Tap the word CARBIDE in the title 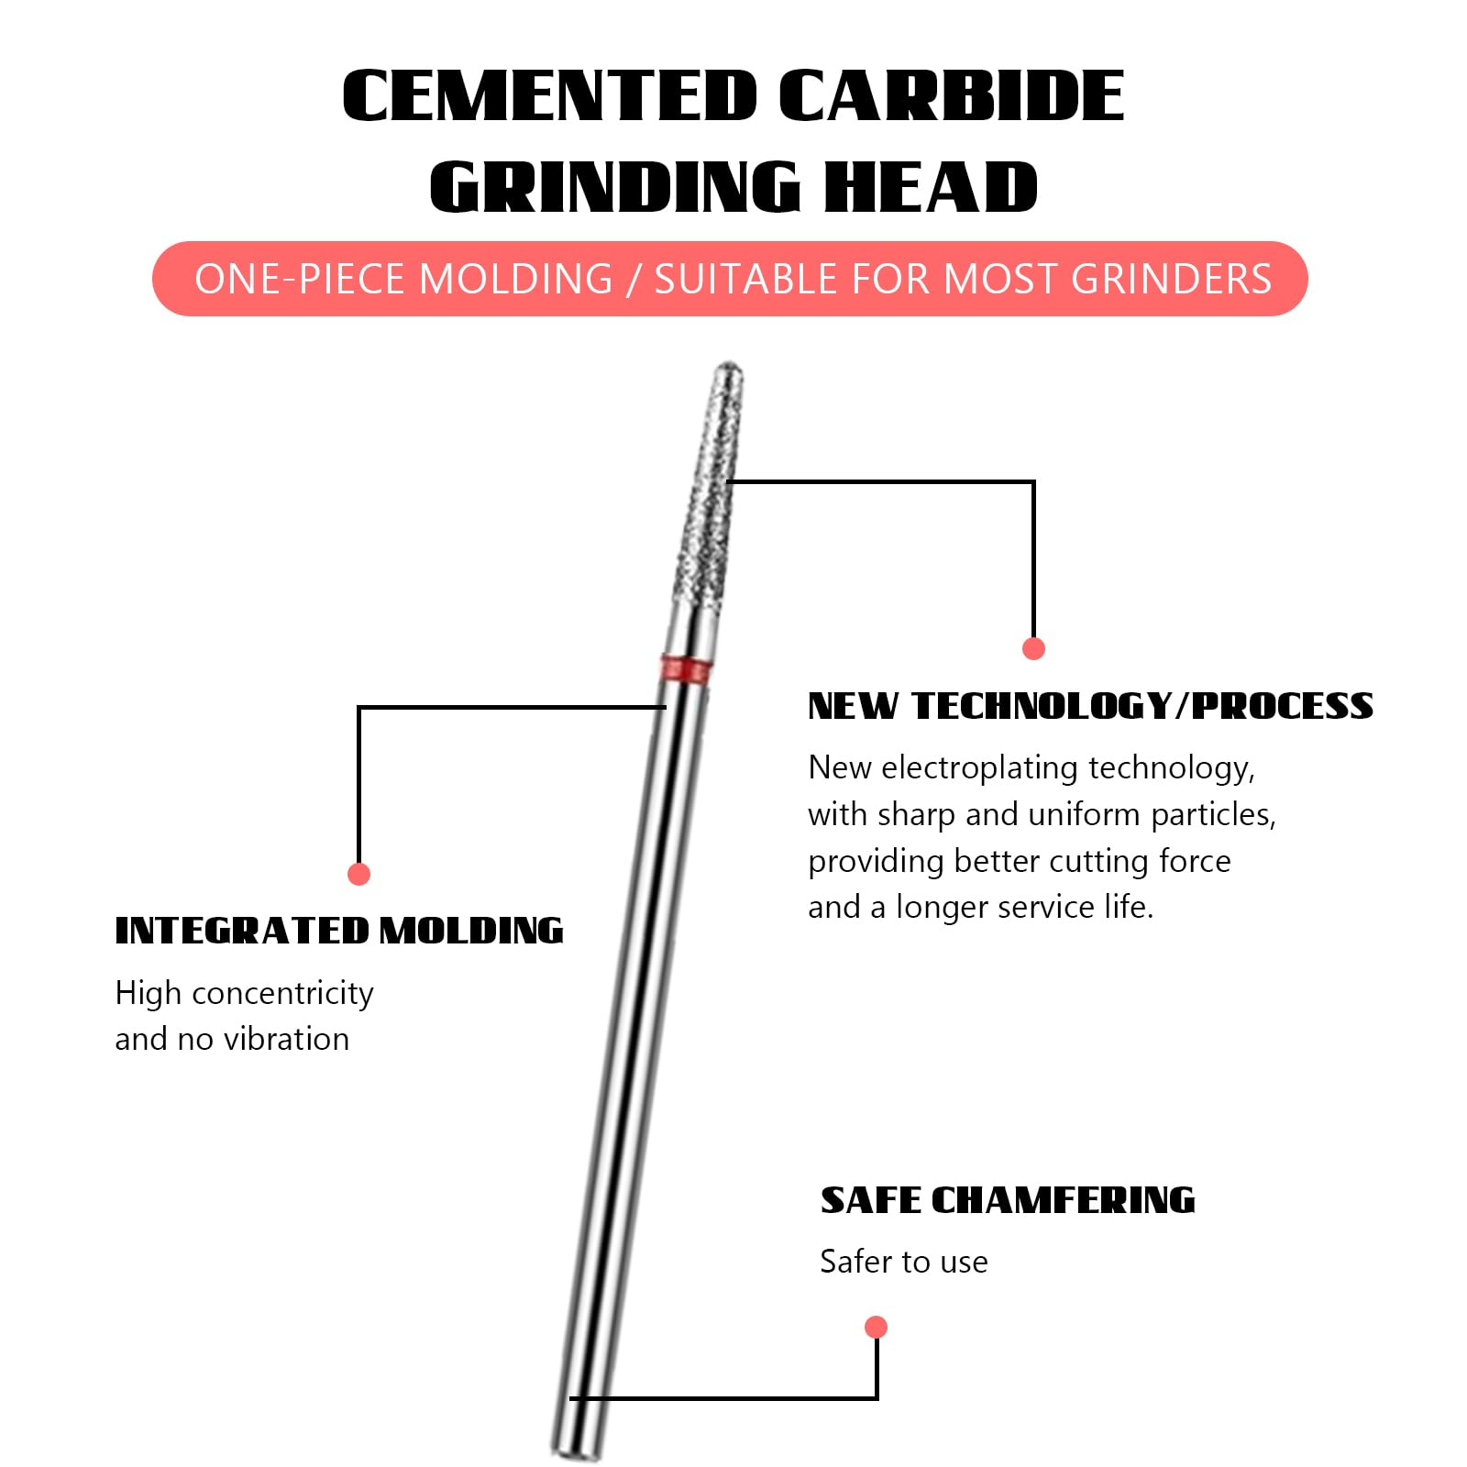pos(952,95)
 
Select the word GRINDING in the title pos(615,187)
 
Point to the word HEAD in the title pos(931,187)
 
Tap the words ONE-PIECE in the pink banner pos(299,279)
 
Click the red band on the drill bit pos(686,669)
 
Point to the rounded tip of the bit pos(729,371)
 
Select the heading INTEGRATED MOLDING pos(339,931)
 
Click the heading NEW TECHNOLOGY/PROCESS pos(1091,706)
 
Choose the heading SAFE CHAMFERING pos(1008,1200)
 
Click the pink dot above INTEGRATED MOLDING pos(359,874)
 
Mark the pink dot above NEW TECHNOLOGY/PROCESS pos(1033,648)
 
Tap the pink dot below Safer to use pos(877,1327)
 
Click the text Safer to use pos(904,1262)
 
